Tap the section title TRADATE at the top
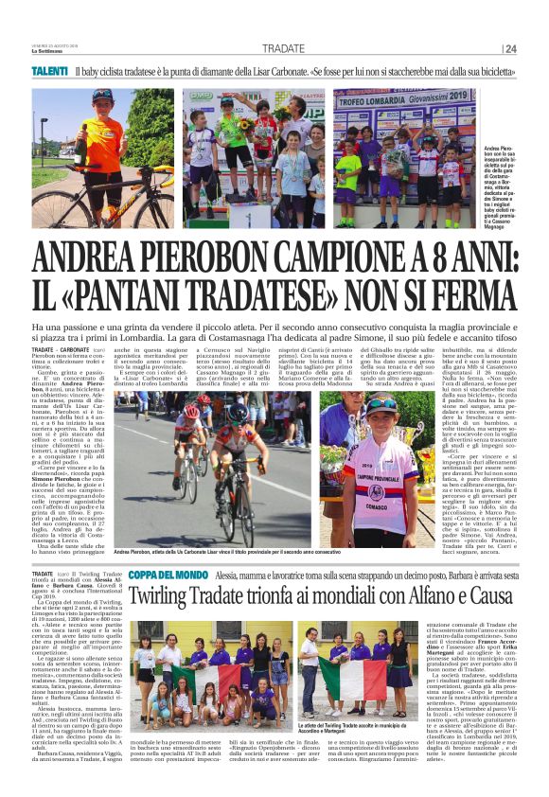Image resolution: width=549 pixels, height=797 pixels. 283,49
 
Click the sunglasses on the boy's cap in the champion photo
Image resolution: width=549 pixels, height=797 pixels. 381,403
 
